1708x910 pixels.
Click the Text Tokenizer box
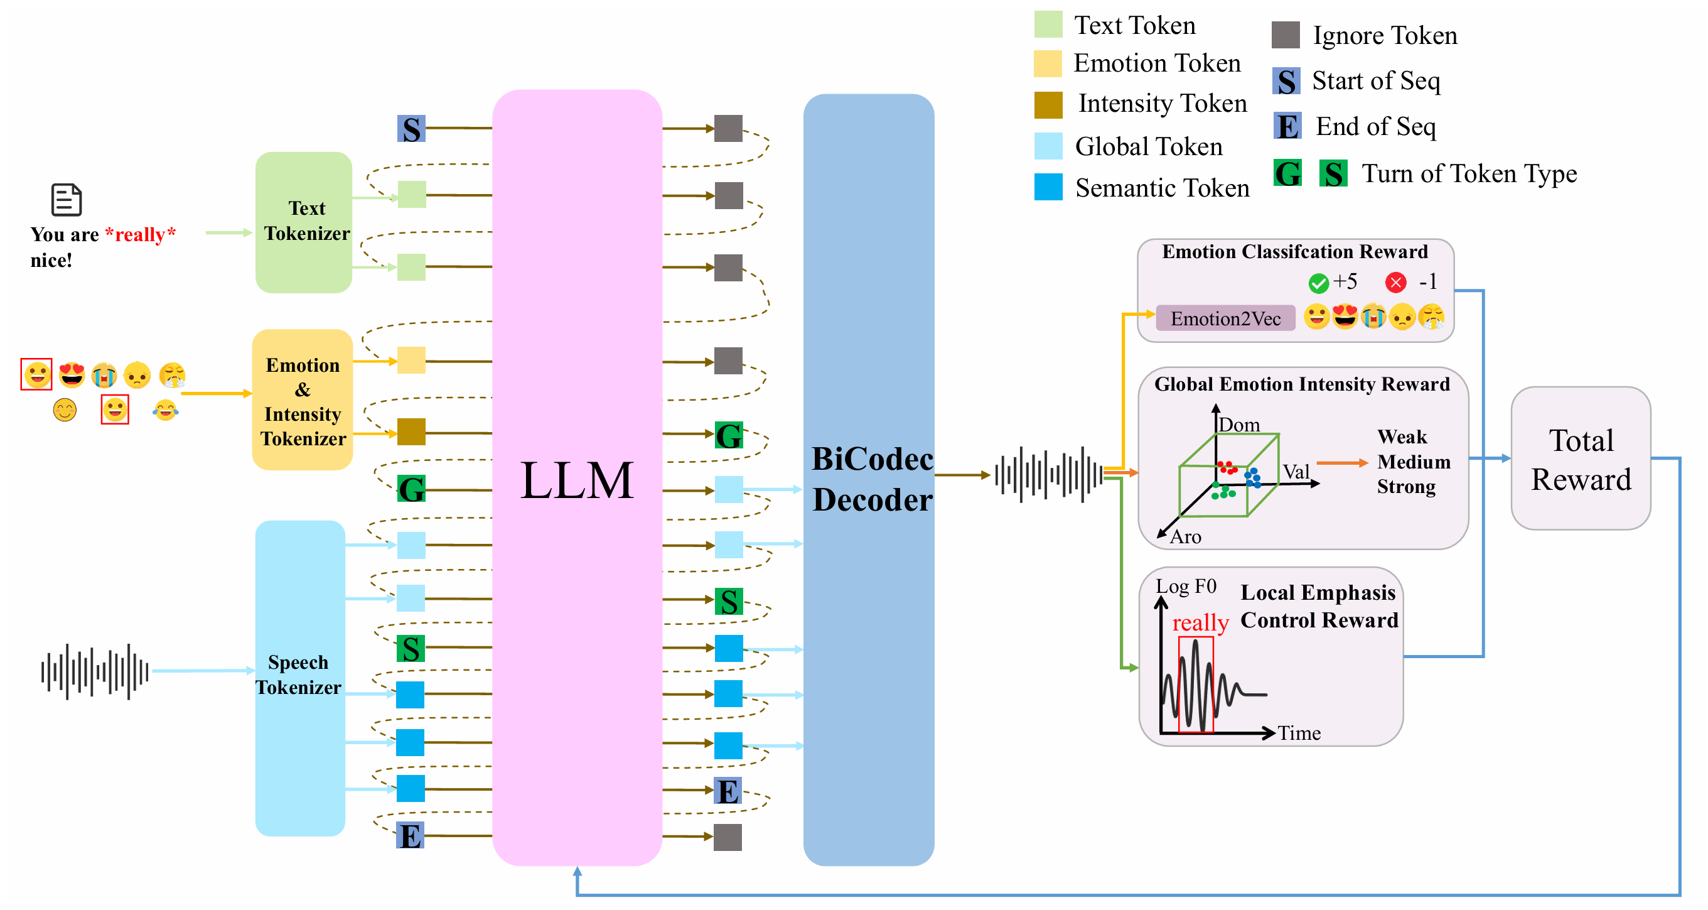(304, 222)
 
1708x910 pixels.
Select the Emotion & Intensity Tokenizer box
(303, 400)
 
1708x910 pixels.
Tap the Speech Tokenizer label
(298, 674)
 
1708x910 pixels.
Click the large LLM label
(577, 480)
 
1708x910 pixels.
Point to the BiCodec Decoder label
(871, 479)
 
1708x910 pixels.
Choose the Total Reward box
(1580, 459)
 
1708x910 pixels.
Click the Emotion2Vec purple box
(1225, 318)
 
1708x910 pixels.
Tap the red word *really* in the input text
(140, 235)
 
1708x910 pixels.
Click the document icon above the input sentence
(67, 200)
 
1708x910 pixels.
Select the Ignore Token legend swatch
(1285, 35)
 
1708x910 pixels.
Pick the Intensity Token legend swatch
(1048, 105)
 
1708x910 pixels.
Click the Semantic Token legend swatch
(1048, 187)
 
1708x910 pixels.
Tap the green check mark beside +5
(1318, 283)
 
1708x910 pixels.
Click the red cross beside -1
(1395, 283)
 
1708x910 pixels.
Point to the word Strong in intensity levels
(1405, 487)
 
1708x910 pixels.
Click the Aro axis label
(1186, 536)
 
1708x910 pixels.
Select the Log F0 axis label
(1186, 587)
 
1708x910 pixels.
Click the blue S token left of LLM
(411, 129)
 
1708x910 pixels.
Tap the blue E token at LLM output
(728, 791)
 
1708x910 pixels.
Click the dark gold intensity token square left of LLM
(411, 432)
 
